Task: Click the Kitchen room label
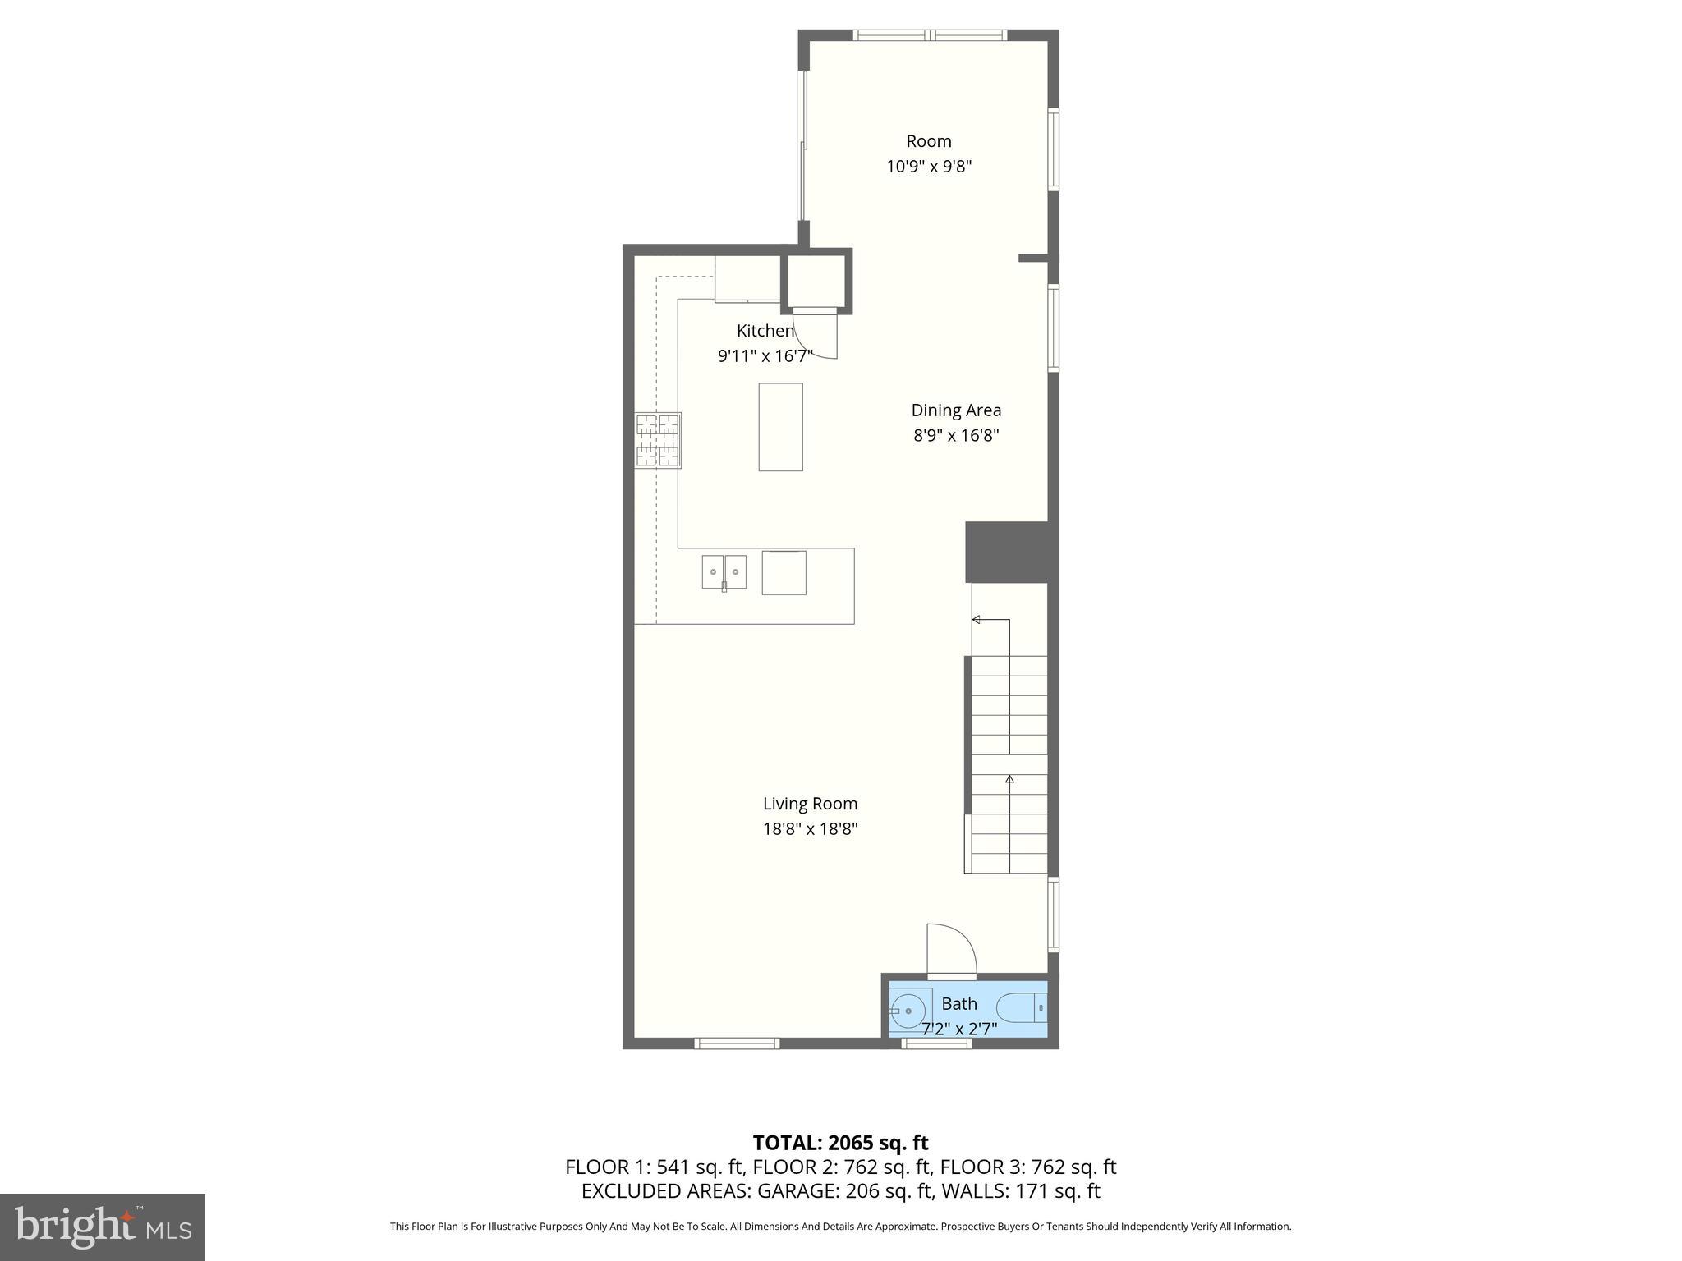click(x=765, y=331)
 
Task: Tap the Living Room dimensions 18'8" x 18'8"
click(x=810, y=829)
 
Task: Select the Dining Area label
click(x=956, y=410)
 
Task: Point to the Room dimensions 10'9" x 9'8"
click(x=928, y=167)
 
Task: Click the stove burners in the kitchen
click(x=658, y=441)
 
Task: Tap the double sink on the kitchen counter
click(x=724, y=571)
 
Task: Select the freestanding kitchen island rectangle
click(x=780, y=427)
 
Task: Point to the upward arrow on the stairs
click(x=1009, y=779)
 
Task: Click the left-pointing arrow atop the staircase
click(x=977, y=619)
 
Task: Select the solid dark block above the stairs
click(x=1010, y=552)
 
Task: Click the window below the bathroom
click(x=937, y=1043)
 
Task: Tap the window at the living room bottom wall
click(x=737, y=1043)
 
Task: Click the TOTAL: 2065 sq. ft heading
click(x=840, y=1143)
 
